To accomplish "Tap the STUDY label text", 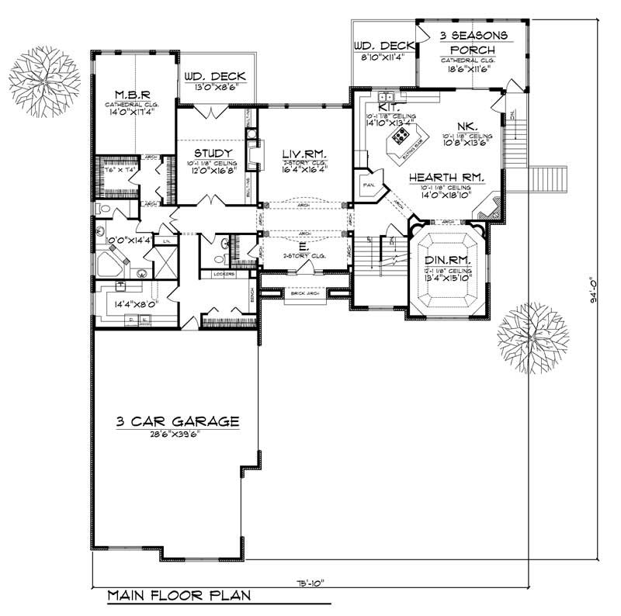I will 209,153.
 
